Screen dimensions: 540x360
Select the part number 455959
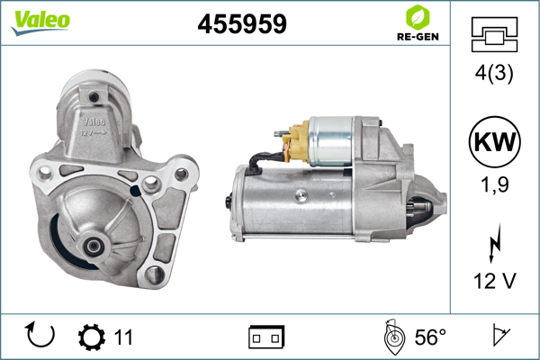pos(242,23)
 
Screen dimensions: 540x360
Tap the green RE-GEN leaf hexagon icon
pos(418,17)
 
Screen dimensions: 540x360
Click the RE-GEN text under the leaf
pos(418,37)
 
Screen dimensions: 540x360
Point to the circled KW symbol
pos(494,142)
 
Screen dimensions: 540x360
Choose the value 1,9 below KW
pos(494,184)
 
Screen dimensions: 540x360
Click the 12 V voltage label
pos(494,281)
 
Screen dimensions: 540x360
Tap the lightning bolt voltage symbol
pos(495,244)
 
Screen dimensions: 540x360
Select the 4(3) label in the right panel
pos(494,73)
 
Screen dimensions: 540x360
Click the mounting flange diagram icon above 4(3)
pos(494,34)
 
